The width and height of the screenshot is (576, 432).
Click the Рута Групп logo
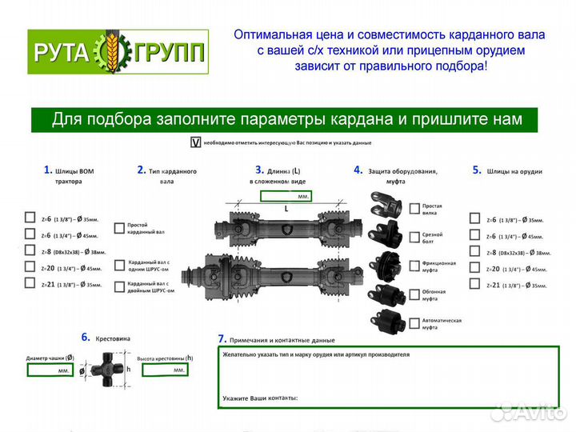pos(118,52)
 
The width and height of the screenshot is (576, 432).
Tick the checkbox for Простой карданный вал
pos(119,228)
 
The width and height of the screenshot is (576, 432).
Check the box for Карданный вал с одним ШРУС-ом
pos(119,265)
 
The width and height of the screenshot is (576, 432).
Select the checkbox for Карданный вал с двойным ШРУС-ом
pos(119,286)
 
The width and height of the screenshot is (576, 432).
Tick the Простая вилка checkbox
pos(414,209)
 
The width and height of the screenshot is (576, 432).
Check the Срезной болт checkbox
pos(414,237)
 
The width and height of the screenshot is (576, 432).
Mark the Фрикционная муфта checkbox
pos(414,265)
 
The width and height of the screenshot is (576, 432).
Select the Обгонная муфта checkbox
pos(414,294)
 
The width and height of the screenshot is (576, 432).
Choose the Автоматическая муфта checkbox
pos(414,322)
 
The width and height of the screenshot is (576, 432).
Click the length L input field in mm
pos(286,195)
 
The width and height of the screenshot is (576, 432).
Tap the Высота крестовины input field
pos(162,370)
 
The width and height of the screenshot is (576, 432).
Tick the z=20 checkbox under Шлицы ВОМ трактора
pos(30,268)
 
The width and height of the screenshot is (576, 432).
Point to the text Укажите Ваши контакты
pos(261,398)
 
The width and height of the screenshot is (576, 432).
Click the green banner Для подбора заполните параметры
pos(286,119)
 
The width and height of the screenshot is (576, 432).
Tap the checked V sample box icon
pos(194,142)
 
